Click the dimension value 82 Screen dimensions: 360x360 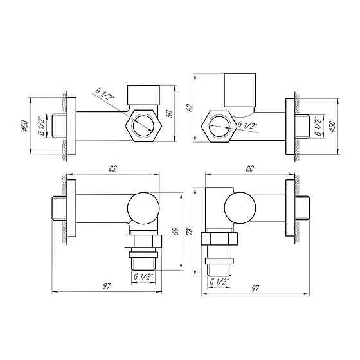(113, 168)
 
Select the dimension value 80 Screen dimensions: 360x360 (249, 168)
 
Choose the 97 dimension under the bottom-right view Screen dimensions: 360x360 (255, 289)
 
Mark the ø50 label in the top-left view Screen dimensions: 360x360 (24, 125)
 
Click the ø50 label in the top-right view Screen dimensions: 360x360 (332, 125)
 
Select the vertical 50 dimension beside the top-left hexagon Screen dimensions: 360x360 (170, 113)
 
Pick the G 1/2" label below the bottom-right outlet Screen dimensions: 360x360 (219, 282)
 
